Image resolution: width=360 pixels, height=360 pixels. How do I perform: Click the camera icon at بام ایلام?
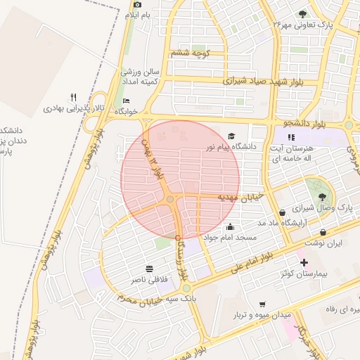pyautogui.click(x=137, y=5)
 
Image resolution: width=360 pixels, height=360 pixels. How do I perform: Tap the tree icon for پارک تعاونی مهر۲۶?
pyautogui.click(x=302, y=14)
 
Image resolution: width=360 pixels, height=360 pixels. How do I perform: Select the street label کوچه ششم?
pyautogui.click(x=191, y=53)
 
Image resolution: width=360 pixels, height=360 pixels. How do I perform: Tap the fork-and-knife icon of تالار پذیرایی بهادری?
pyautogui.click(x=73, y=97)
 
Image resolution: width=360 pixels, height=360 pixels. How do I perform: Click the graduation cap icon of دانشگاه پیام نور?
pyautogui.click(x=231, y=136)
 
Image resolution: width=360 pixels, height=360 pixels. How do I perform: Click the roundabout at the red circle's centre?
pyautogui.click(x=171, y=201)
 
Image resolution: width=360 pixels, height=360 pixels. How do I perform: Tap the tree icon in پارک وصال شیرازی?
pyautogui.click(x=322, y=197)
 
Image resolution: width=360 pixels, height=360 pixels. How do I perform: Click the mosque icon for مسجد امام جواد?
pyautogui.click(x=230, y=227)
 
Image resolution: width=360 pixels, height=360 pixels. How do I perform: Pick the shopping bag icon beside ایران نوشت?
pyautogui.click(x=323, y=232)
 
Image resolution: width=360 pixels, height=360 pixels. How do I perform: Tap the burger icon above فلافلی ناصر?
pyautogui.click(x=149, y=269)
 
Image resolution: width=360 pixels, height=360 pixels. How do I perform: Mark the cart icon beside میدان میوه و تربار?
pyautogui.click(x=262, y=304)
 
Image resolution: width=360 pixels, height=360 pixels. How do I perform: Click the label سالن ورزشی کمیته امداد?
pyautogui.click(x=141, y=77)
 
